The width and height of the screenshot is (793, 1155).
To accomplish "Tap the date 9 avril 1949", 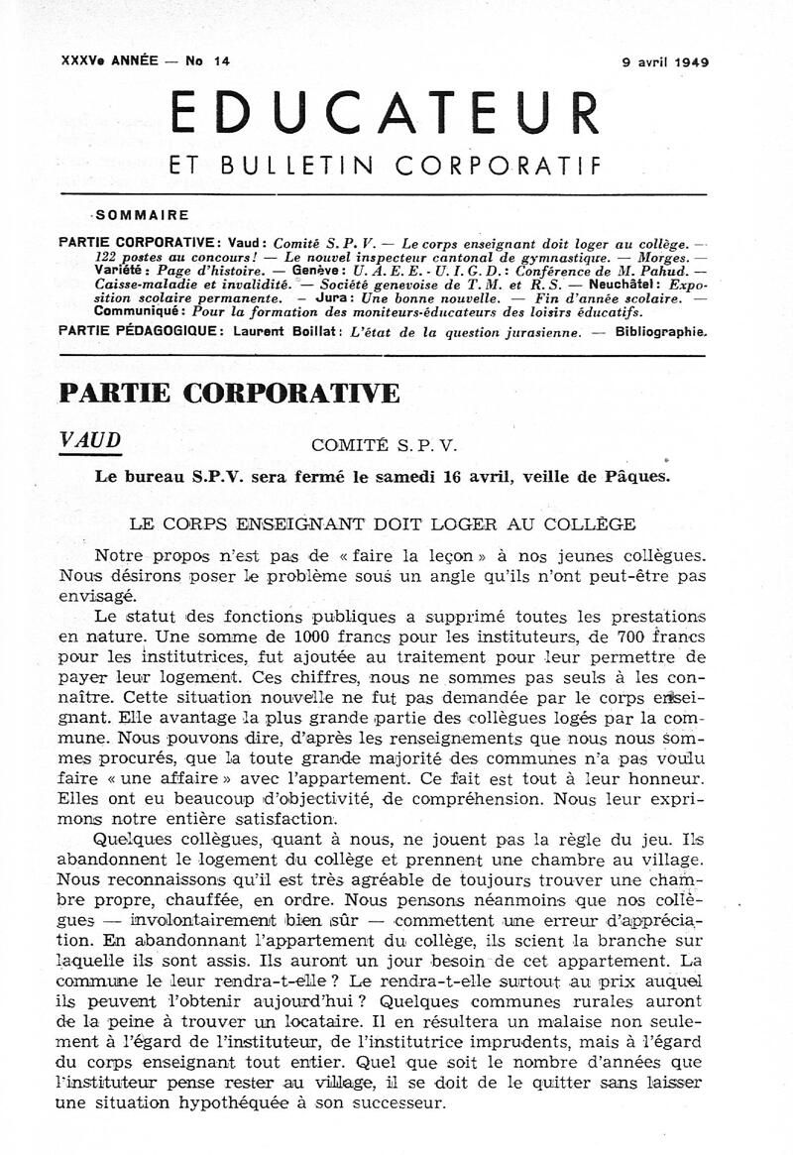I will [x=665, y=61].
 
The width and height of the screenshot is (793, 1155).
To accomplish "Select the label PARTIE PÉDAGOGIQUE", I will [x=136, y=331].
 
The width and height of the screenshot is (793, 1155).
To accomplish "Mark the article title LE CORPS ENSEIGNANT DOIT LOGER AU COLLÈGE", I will [x=382, y=523].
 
